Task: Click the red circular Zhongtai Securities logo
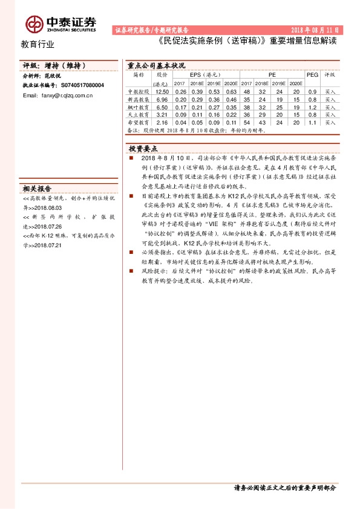(33, 24)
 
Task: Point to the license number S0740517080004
(83, 86)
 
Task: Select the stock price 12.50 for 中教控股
(162, 91)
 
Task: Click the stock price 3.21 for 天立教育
(162, 114)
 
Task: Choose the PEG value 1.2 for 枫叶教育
(312, 106)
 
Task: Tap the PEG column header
(312, 75)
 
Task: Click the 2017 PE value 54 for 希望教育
(246, 122)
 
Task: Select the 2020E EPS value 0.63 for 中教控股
(230, 91)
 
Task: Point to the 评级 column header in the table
(330, 75)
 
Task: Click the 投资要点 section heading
(143, 148)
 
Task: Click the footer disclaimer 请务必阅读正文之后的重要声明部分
(284, 488)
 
